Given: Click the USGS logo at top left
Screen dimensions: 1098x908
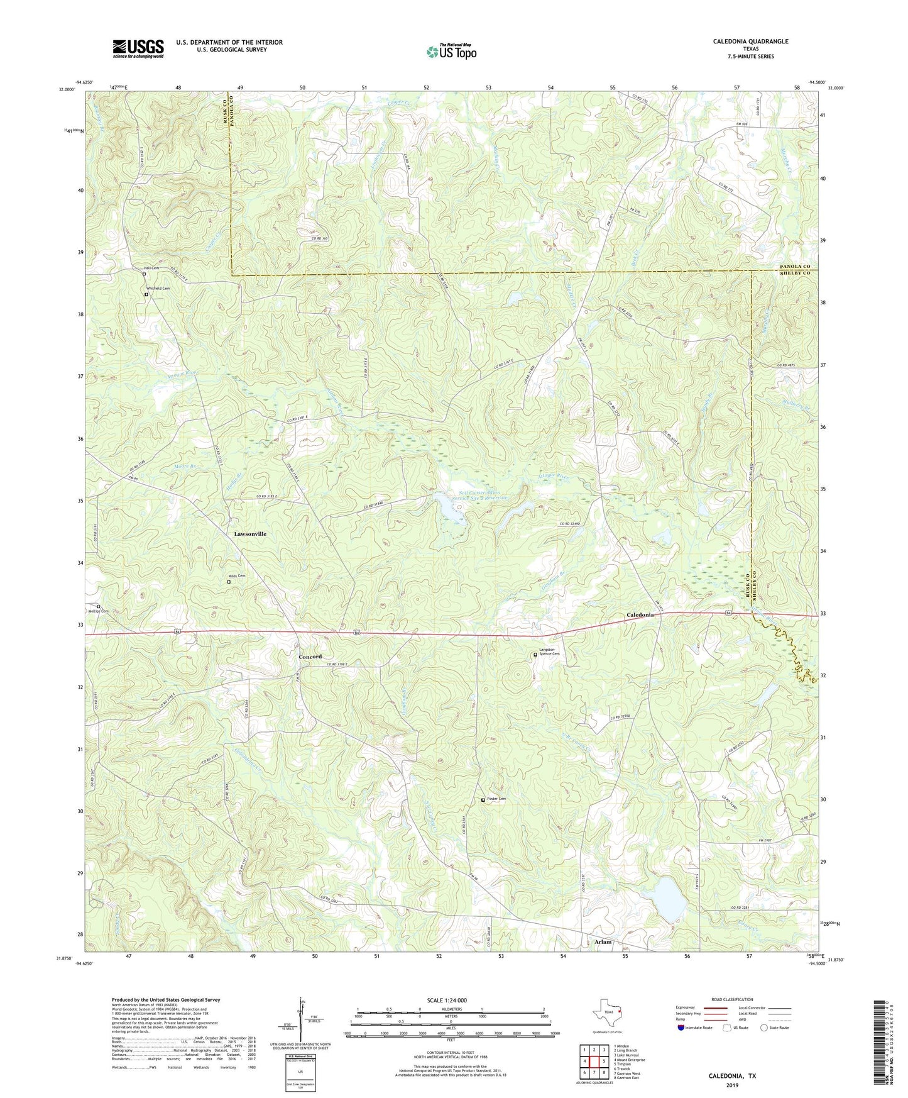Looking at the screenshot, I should click(x=138, y=48).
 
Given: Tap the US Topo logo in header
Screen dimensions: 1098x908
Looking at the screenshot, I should click(x=451, y=52).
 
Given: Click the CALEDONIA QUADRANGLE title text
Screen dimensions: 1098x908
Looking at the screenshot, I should click(x=750, y=42).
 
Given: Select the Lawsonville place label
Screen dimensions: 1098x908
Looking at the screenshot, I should click(x=250, y=534).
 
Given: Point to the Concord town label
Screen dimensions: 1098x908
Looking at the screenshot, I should click(x=310, y=657).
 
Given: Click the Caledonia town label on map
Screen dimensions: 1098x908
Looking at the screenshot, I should click(x=640, y=614).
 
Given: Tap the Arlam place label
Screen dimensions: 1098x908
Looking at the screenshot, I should click(x=603, y=942).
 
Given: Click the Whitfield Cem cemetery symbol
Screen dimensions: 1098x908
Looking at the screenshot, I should click(x=146, y=294).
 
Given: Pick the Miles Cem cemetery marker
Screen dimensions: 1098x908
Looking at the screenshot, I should click(x=229, y=582).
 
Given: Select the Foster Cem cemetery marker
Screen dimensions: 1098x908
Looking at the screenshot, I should click(x=483, y=800).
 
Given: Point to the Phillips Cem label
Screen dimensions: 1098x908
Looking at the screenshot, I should click(x=98, y=611).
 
